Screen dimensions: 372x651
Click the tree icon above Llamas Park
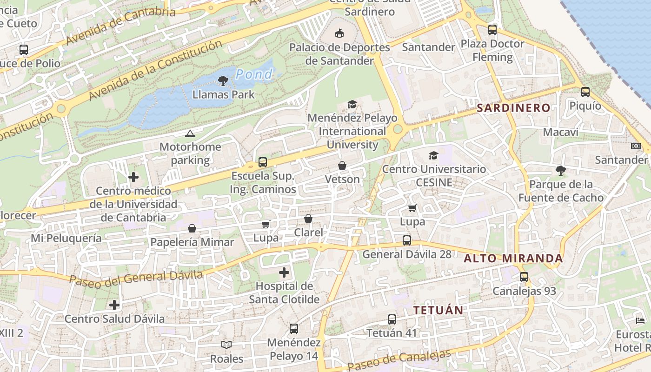223,81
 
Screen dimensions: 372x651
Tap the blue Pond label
254,74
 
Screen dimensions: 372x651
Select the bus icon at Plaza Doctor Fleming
492,30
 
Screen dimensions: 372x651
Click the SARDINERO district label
513,108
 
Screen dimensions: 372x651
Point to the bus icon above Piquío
585,92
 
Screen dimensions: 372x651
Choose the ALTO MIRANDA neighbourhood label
513,259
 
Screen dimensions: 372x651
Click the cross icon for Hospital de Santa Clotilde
284,272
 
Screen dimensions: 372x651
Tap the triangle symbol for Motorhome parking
190,134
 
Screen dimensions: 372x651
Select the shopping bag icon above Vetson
342,166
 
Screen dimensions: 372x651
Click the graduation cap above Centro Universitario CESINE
433,155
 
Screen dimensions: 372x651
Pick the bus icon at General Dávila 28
407,240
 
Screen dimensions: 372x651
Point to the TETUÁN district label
438,310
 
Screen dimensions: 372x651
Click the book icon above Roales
226,345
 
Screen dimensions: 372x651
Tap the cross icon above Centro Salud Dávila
114,305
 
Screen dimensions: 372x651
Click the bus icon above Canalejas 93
524,277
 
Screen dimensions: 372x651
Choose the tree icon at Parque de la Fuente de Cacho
561,171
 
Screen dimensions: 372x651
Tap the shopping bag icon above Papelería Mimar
192,228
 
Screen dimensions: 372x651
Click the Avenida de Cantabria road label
120,26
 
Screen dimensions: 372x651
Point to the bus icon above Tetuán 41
392,319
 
